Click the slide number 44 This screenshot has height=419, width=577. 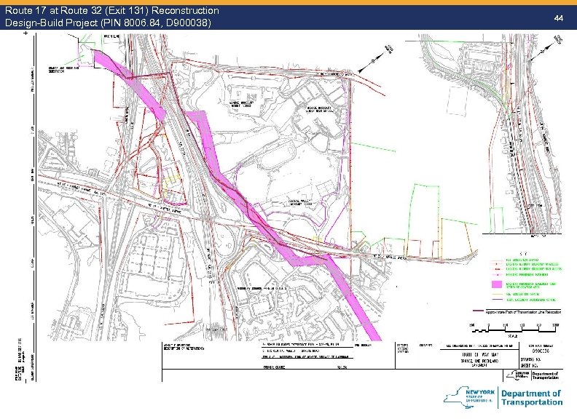coord(559,16)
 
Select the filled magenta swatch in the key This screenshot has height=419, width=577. coord(498,284)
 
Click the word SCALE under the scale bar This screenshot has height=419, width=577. coord(514,338)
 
